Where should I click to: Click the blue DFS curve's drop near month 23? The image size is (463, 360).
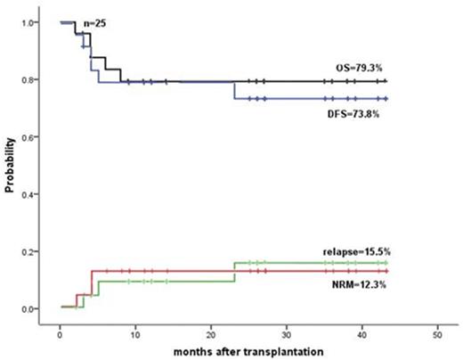234,91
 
